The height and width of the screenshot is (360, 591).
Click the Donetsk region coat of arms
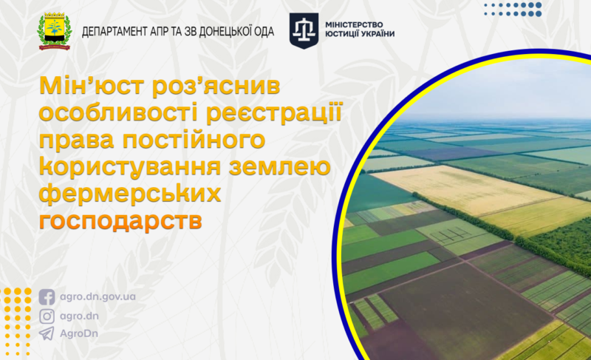tap(55, 31)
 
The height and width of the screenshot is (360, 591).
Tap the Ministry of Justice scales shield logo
tap(304, 30)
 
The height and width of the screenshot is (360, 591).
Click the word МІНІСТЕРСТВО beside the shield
tap(354, 25)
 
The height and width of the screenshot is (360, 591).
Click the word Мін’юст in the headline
tap(92, 86)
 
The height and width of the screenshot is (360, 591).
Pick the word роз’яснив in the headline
tap(216, 86)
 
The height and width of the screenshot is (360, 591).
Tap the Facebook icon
tap(47, 297)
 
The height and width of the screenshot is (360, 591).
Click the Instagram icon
tap(47, 316)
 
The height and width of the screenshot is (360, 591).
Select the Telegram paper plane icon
tap(47, 333)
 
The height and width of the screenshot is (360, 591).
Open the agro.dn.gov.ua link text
tap(98, 297)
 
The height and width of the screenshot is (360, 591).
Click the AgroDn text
tap(79, 333)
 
